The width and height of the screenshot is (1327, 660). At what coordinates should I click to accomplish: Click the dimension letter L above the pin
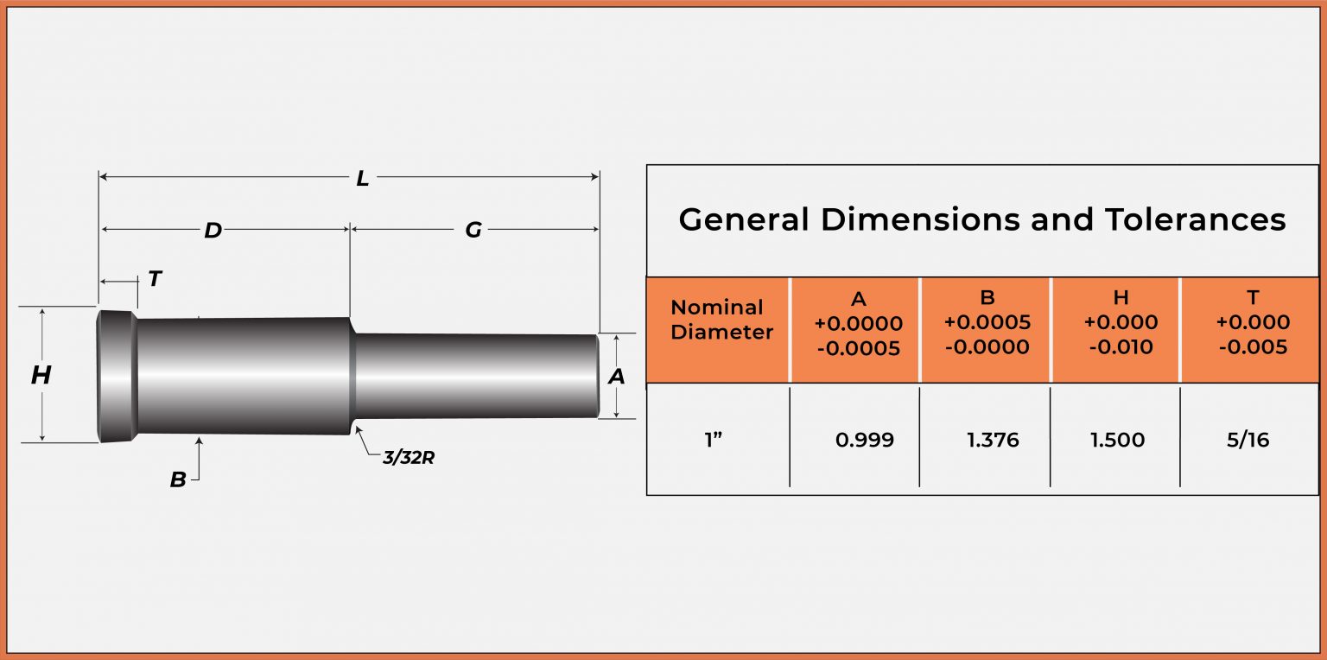pyautogui.click(x=363, y=179)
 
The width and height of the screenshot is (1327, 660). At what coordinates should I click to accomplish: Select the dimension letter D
pyautogui.click(x=213, y=231)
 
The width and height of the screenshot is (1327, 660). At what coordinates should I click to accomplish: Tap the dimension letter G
pyautogui.click(x=473, y=231)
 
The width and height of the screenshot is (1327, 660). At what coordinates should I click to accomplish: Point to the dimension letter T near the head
pyautogui.click(x=155, y=279)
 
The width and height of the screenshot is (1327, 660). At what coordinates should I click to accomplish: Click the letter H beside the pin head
pyautogui.click(x=41, y=376)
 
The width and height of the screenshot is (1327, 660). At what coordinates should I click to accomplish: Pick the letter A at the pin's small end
pyautogui.click(x=616, y=377)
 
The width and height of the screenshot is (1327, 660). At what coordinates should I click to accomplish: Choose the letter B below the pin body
pyautogui.click(x=178, y=480)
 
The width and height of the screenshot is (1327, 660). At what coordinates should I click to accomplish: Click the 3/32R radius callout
pyautogui.click(x=409, y=458)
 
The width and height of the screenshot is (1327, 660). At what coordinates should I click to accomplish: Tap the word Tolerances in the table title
pyautogui.click(x=1196, y=219)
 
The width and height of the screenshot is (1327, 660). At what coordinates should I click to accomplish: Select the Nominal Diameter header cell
pyautogui.click(x=718, y=320)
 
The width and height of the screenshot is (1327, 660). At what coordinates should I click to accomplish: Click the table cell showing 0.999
pyautogui.click(x=864, y=440)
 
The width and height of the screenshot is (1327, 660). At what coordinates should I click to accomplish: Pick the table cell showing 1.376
pyautogui.click(x=993, y=440)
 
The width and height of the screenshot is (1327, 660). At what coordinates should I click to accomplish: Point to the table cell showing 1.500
pyautogui.click(x=1117, y=440)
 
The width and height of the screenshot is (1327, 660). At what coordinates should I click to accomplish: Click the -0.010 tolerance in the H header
pyautogui.click(x=1121, y=347)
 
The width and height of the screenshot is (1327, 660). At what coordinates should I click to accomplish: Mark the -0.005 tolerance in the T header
pyautogui.click(x=1253, y=347)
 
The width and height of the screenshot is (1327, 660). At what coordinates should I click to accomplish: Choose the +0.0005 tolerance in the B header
pyautogui.click(x=987, y=323)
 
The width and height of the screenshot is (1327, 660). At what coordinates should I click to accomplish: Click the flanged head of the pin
pyautogui.click(x=116, y=376)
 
